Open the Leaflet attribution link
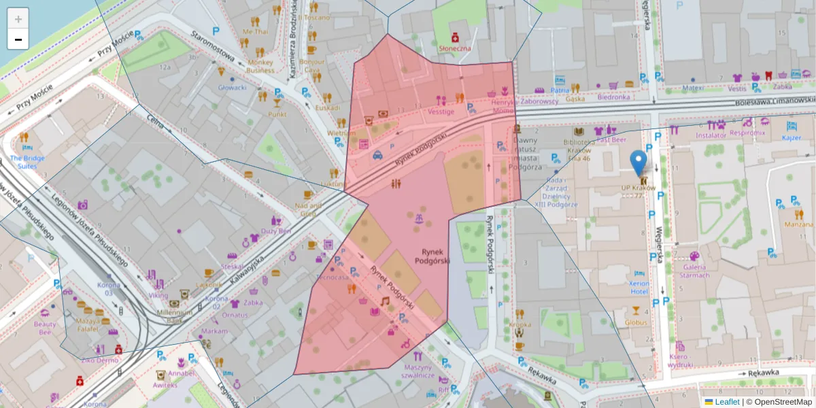[726, 402]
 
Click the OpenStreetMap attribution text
[783, 402]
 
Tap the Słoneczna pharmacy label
[455, 48]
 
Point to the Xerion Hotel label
[639, 286]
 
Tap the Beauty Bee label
[45, 328]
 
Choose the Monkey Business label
[260, 66]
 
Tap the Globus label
[636, 322]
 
